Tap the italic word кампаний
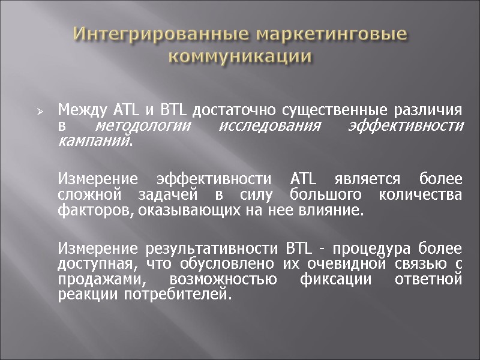click(94, 140)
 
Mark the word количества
click(424, 196)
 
